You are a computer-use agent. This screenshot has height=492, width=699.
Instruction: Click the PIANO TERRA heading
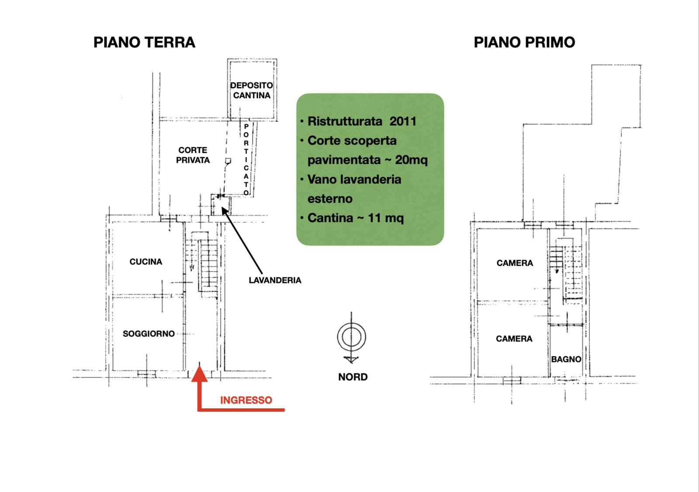point(144,42)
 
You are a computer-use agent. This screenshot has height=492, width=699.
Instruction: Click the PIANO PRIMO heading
point(524,42)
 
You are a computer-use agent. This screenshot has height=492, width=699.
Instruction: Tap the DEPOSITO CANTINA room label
point(252,90)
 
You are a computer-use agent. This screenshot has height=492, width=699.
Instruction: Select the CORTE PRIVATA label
point(193,155)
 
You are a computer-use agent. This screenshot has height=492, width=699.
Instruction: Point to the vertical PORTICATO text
point(246,159)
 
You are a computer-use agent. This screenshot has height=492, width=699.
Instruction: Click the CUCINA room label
point(146,262)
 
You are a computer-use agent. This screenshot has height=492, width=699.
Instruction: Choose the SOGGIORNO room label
point(149,334)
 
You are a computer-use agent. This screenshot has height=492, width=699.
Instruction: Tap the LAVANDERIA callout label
point(275,280)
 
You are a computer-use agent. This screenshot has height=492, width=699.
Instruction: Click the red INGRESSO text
point(246,400)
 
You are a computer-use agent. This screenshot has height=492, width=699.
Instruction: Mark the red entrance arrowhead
point(200,373)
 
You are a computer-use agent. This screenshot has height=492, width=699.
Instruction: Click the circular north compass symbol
point(351,337)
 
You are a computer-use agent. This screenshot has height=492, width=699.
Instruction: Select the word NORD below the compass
point(353,377)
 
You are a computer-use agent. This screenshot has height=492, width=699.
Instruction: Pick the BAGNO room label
point(566,359)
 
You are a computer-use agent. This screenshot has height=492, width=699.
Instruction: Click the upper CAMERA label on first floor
point(515,263)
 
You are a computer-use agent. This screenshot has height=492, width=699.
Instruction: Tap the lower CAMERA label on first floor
point(514,339)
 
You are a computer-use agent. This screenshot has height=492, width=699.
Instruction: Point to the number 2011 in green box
point(403,121)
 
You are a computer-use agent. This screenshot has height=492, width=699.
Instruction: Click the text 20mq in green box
point(411,160)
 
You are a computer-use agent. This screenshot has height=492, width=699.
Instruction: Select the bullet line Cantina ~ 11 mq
point(352,218)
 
